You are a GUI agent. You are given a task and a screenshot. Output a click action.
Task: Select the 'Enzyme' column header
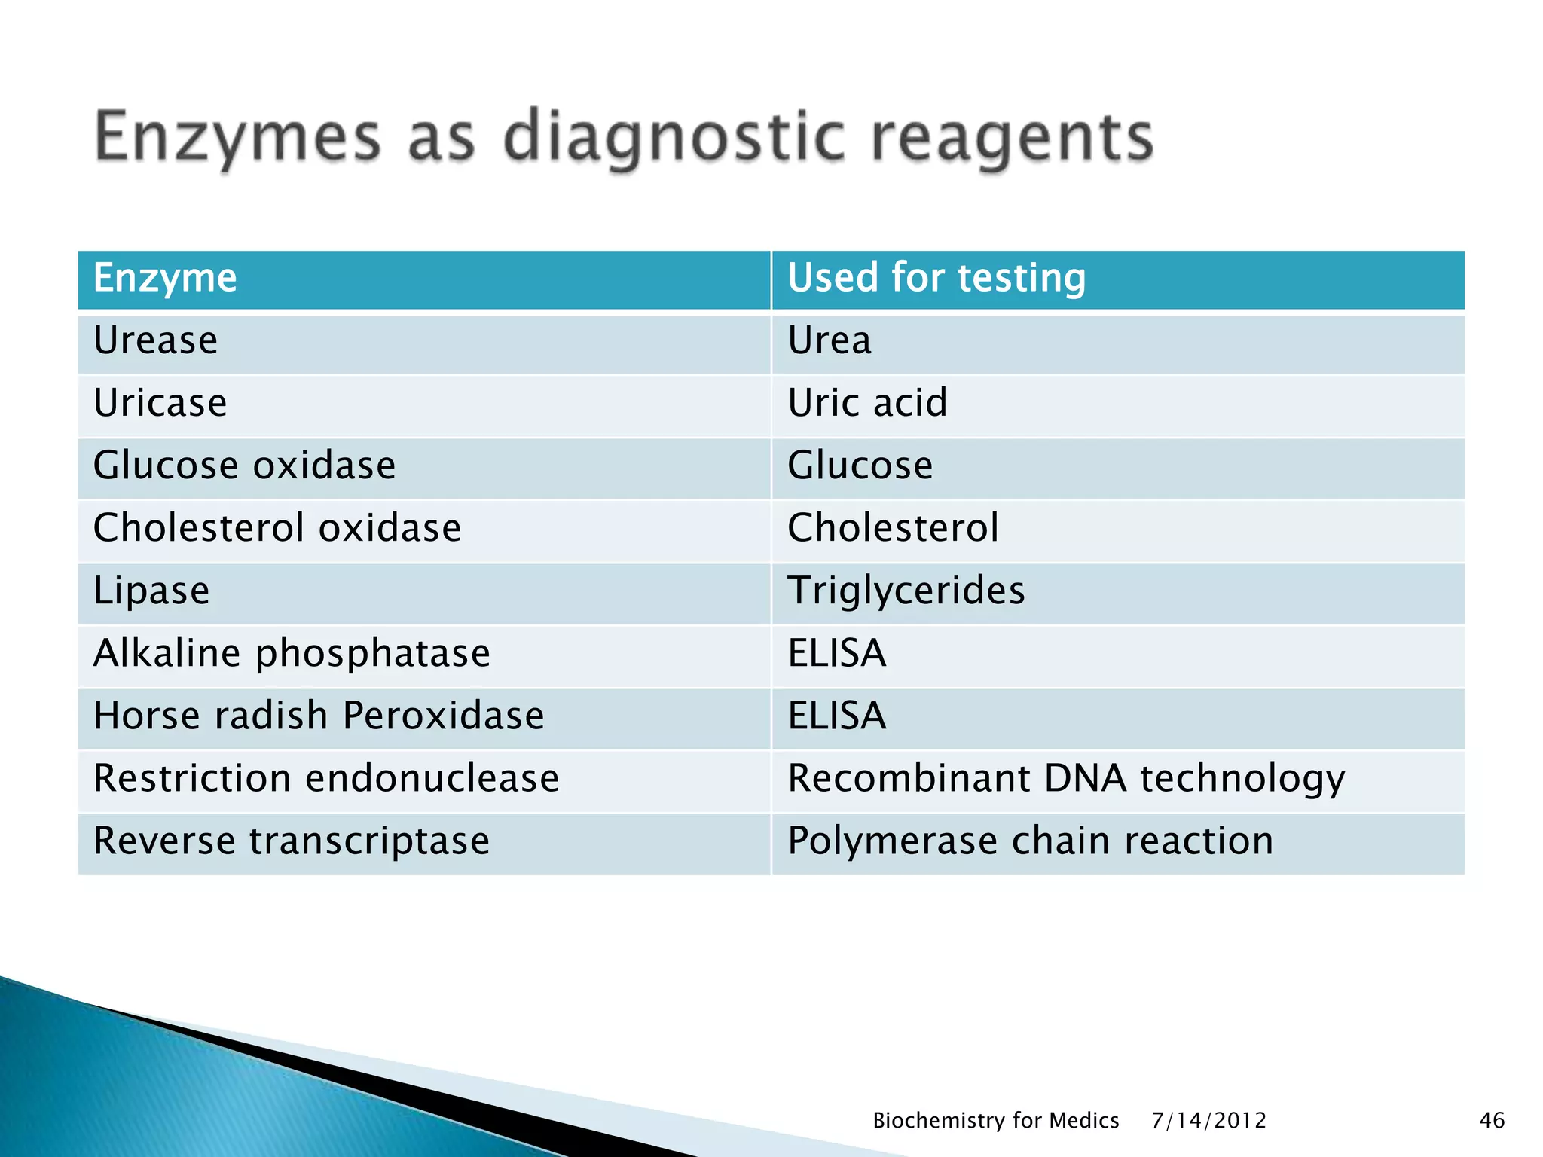pos(165,278)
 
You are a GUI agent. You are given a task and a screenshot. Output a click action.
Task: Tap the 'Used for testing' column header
pos(936,278)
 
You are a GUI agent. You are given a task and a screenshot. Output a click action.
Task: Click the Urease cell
pos(156,340)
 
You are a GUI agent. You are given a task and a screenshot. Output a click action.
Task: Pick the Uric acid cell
pos(867,403)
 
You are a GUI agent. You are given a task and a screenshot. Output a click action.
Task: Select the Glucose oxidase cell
pos(244,466)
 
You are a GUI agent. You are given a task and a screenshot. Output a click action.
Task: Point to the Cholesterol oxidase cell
pos(277,528)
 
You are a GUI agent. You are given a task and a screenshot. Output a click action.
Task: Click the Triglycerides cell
pos(906,591)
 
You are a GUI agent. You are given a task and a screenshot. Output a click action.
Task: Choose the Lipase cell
pos(151,591)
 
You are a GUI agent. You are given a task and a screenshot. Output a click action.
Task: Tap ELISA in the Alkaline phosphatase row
pos(837,653)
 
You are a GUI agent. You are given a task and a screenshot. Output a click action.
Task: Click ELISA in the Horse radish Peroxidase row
pos(837,716)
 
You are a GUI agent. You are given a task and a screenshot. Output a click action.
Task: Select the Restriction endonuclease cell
pos(326,778)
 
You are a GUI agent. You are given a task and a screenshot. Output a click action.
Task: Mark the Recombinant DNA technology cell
pos(1065,778)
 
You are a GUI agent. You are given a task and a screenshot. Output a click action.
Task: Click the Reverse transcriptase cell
pos(292,841)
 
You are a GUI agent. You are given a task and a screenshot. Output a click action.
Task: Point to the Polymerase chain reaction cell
pos(1030,841)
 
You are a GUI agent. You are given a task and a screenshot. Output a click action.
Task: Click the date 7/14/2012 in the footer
pos(1208,1121)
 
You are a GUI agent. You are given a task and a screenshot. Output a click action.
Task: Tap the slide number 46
pos(1492,1121)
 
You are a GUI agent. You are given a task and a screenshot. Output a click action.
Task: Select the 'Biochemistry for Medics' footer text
pos(995,1121)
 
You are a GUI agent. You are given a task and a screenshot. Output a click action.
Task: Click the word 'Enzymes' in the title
pos(238,139)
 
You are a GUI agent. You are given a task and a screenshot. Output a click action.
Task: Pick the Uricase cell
pos(160,403)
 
